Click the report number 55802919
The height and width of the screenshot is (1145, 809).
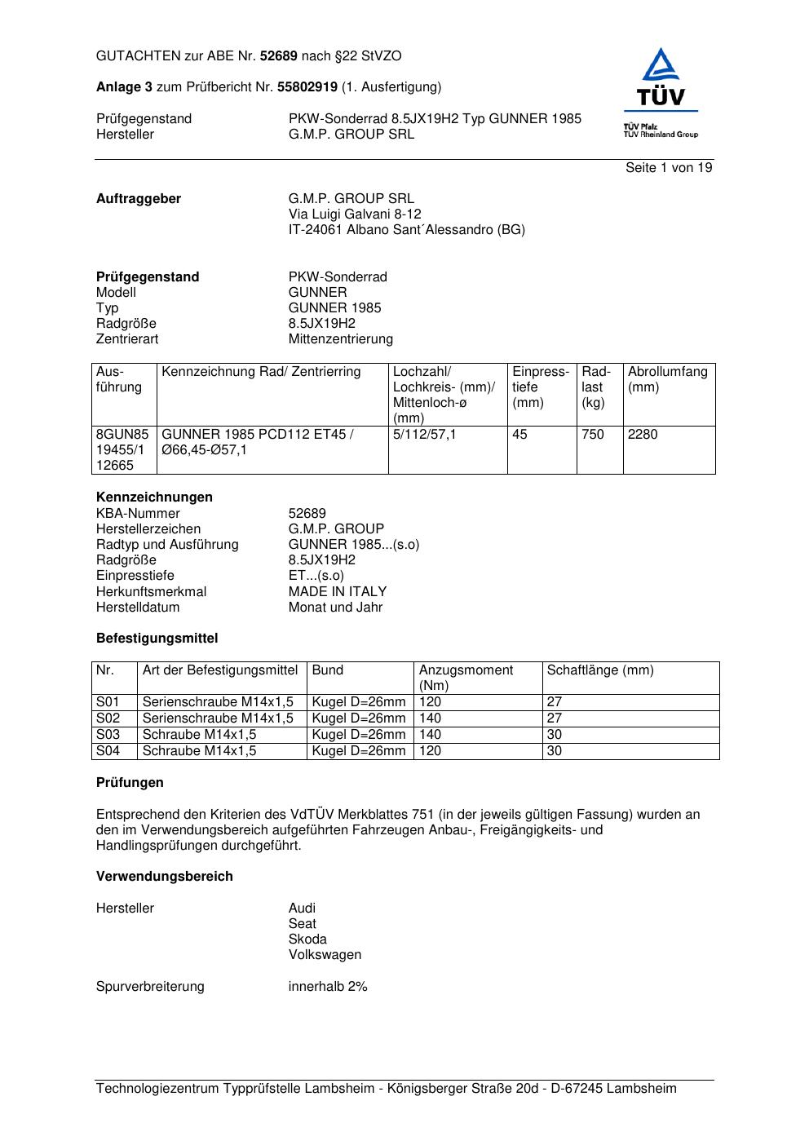(x=307, y=87)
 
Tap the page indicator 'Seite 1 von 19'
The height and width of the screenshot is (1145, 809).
(x=668, y=168)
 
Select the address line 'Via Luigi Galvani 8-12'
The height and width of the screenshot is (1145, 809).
(x=355, y=214)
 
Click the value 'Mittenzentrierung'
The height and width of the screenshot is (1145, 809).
(x=340, y=339)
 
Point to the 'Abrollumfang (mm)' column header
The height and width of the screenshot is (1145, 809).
(x=667, y=379)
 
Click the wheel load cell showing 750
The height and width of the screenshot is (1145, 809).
(x=593, y=435)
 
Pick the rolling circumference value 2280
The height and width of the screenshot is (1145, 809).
(x=643, y=435)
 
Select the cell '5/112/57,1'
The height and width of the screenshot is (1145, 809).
(x=424, y=435)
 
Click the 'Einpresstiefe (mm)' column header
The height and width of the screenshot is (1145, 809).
(x=541, y=387)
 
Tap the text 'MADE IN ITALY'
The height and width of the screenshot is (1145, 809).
(x=338, y=592)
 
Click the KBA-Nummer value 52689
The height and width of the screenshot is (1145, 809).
(x=307, y=514)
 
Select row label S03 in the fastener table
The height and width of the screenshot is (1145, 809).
(x=108, y=735)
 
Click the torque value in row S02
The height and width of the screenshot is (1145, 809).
(x=430, y=718)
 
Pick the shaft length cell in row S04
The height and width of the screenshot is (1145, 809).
(x=555, y=751)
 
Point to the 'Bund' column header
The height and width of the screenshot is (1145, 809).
(x=328, y=670)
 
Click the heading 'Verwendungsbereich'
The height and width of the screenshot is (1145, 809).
(x=165, y=877)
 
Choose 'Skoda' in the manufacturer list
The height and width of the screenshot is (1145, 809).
(x=307, y=939)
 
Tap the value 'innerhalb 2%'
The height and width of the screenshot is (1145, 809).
(x=328, y=987)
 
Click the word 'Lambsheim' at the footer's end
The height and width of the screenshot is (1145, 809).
(x=642, y=1089)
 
